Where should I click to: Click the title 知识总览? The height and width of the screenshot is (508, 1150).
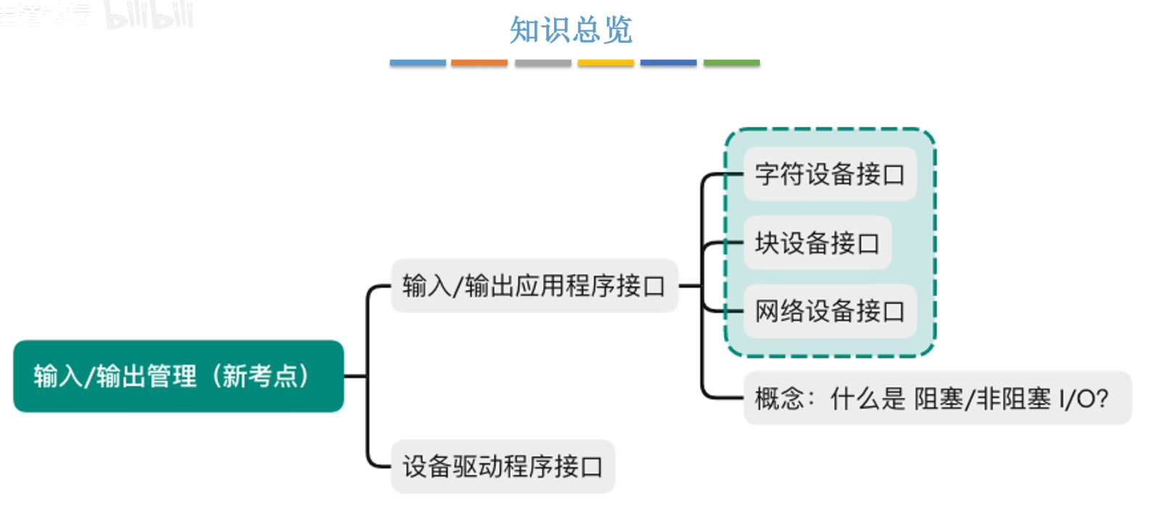tap(571, 30)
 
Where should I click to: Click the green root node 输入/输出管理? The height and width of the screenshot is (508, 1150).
tap(178, 376)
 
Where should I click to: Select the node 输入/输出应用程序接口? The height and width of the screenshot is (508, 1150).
tap(534, 286)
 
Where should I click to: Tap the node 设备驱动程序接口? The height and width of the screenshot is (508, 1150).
tap(502, 467)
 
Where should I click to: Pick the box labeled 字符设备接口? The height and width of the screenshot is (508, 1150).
tap(830, 175)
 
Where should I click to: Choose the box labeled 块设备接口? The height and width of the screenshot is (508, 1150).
tap(817, 243)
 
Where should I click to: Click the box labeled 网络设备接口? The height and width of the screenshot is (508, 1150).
tap(830, 312)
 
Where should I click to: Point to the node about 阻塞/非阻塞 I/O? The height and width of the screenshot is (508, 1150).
tap(937, 399)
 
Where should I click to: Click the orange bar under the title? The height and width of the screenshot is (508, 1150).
tap(479, 63)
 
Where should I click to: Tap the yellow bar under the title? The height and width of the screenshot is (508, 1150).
tap(605, 63)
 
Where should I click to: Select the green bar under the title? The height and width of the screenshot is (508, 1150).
tap(732, 63)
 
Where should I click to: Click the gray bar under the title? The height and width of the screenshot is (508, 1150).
tap(543, 63)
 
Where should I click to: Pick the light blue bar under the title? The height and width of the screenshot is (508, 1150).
tap(418, 63)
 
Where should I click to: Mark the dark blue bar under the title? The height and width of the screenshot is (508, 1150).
tap(669, 63)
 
